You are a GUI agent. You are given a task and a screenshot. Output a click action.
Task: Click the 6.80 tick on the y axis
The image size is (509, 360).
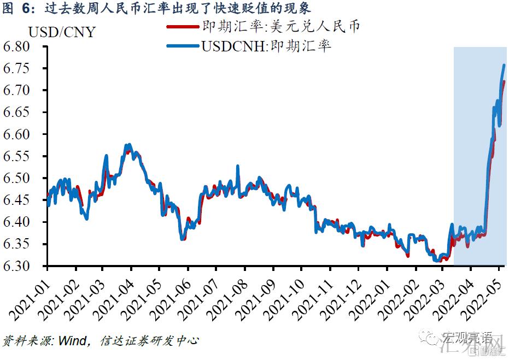[x=22, y=47]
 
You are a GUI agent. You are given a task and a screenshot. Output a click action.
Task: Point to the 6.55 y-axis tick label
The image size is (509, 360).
[x=22, y=157]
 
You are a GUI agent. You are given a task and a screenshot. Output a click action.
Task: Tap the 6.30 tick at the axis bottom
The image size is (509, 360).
[x=22, y=267]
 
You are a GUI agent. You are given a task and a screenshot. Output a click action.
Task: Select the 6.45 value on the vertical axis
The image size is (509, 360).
[x=22, y=200]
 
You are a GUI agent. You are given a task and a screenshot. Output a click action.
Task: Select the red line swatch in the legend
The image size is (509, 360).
[x=184, y=26]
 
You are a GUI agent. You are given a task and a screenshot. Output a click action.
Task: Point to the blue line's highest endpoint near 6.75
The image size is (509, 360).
[x=504, y=66]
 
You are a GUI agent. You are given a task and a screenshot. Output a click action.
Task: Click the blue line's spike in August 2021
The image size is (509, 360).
[x=237, y=166]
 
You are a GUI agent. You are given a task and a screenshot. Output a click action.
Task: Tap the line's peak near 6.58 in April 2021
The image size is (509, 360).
[x=128, y=145]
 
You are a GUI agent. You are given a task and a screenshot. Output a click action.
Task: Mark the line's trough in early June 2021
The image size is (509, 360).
[x=183, y=239]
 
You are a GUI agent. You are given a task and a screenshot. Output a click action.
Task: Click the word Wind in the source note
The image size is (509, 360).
[x=72, y=341]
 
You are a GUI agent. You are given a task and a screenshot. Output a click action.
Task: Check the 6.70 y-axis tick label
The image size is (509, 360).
[x=22, y=91]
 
